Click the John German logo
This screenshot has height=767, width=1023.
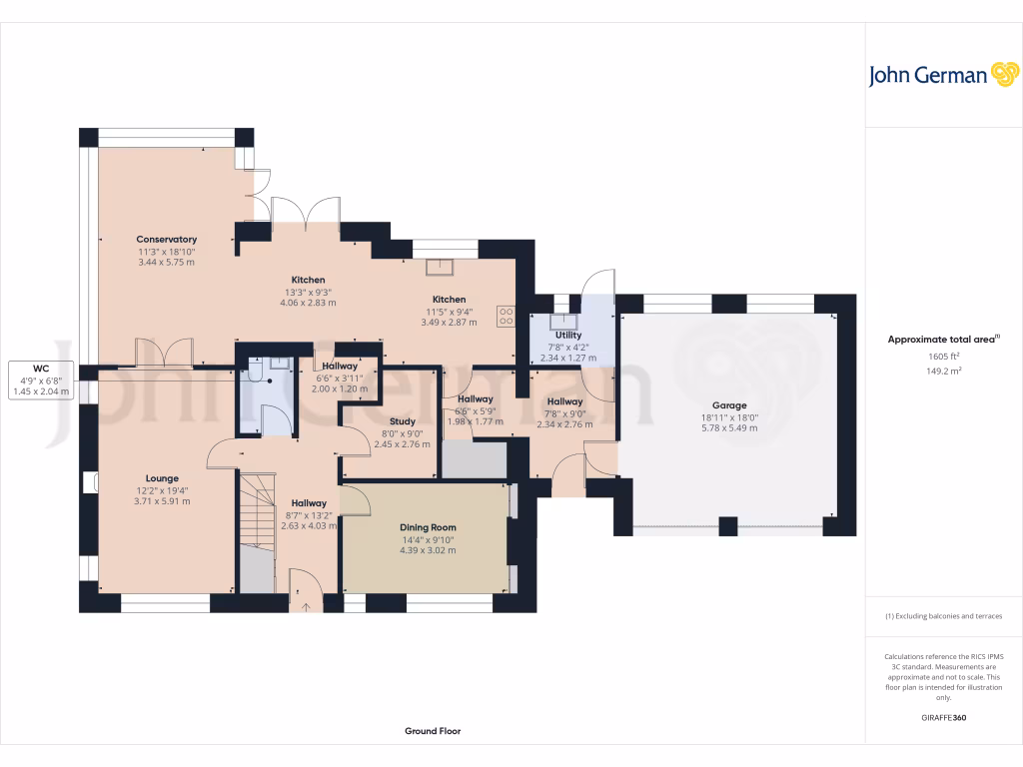click(x=942, y=75)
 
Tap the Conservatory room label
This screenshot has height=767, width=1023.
click(x=167, y=240)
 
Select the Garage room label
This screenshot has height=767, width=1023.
click(x=729, y=405)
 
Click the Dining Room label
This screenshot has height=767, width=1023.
click(x=428, y=527)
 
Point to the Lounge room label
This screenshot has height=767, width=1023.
click(x=161, y=479)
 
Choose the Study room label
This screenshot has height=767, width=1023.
click(x=403, y=421)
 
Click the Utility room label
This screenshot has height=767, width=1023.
click(x=568, y=336)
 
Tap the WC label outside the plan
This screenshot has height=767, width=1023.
click(x=40, y=368)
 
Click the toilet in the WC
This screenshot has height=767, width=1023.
click(x=254, y=373)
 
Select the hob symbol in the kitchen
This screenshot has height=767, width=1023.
click(x=506, y=316)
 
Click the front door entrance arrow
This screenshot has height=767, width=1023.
click(x=304, y=602)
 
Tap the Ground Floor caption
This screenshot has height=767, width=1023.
click(x=433, y=731)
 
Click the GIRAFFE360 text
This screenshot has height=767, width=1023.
click(x=943, y=717)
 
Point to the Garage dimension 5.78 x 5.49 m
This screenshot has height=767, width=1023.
click(x=729, y=427)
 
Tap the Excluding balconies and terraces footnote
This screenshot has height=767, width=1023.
click(x=943, y=616)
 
